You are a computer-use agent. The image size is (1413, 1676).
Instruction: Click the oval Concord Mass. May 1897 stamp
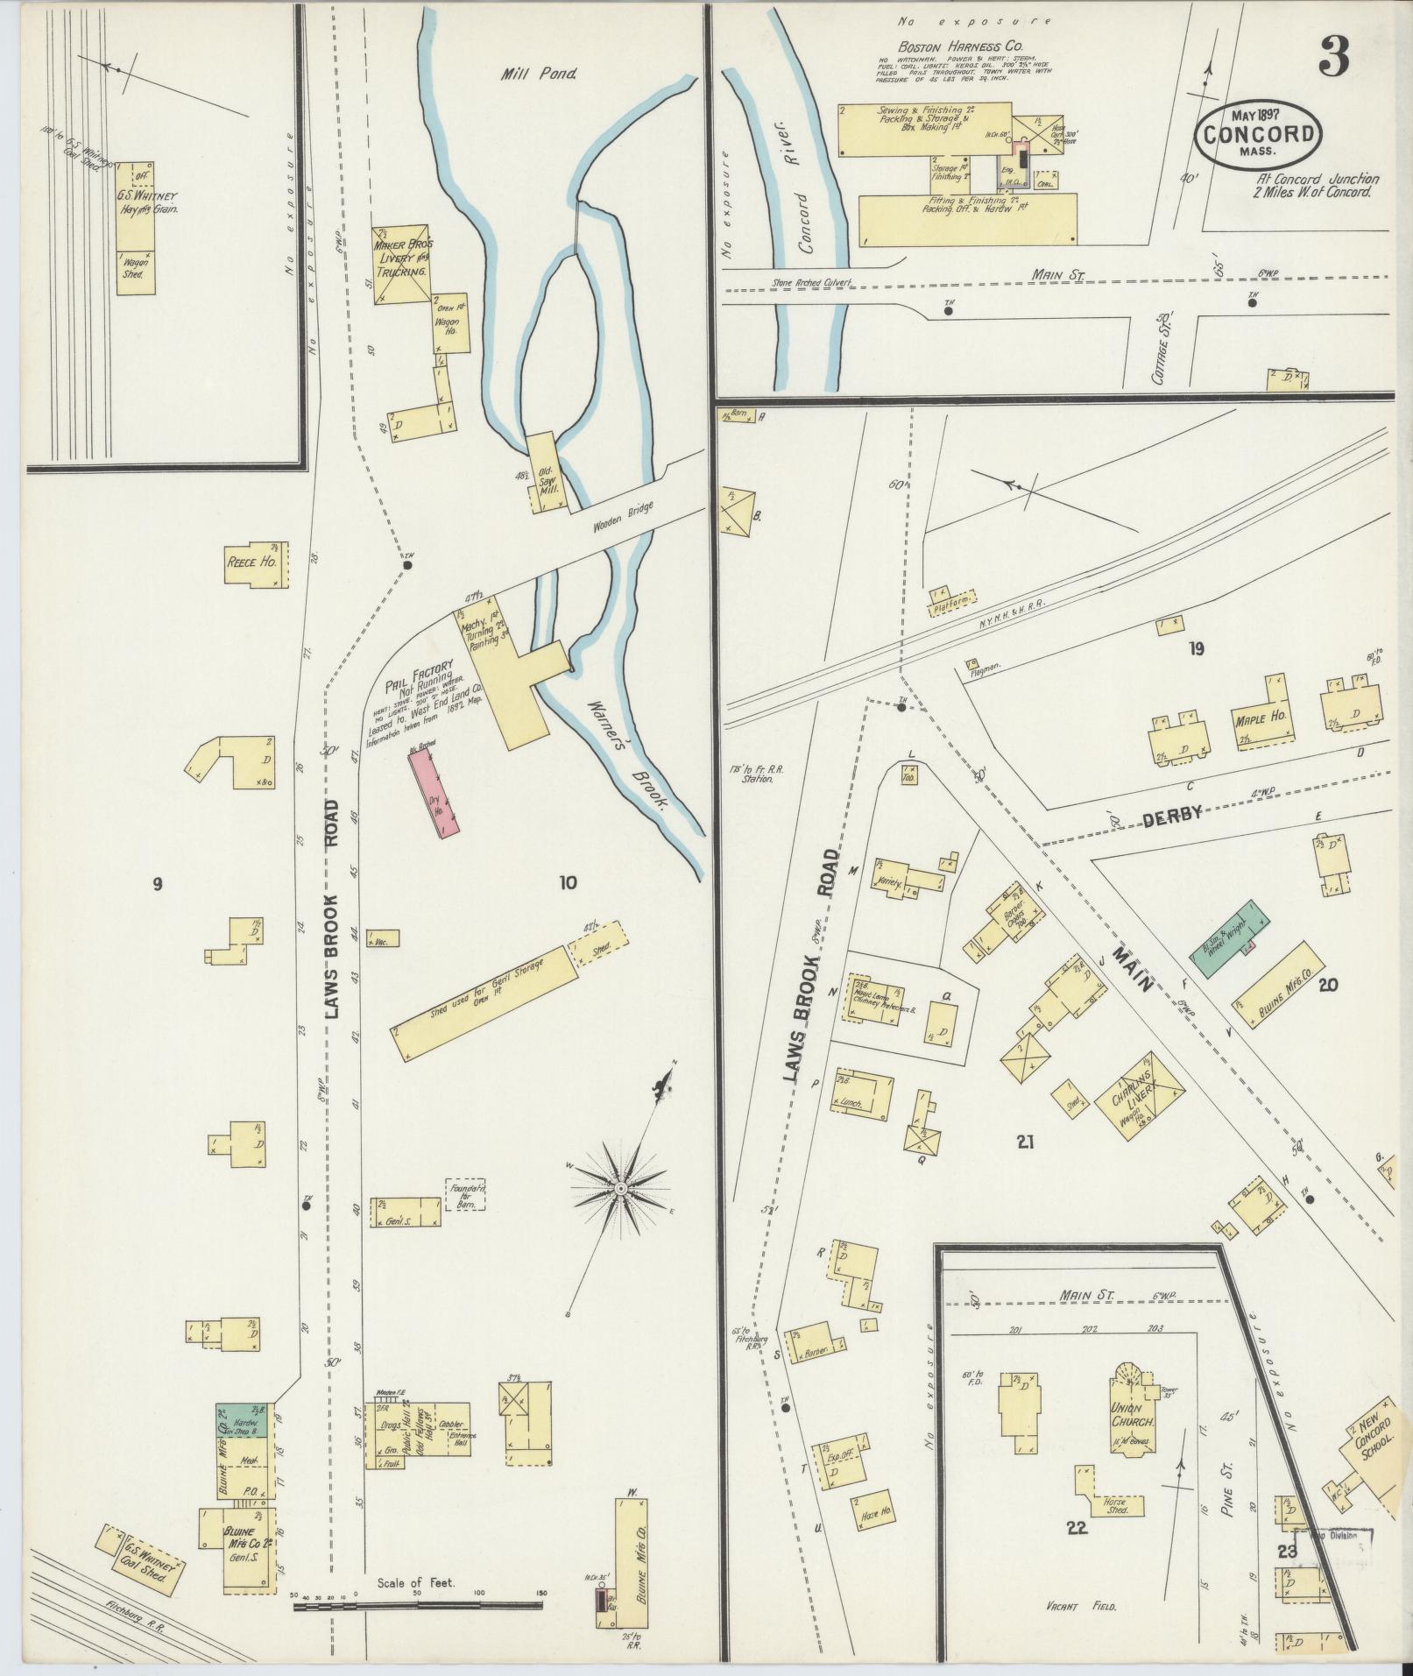point(1259,134)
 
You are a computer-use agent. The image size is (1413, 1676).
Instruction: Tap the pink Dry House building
point(434,793)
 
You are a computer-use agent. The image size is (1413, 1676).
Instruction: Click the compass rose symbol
point(619,1187)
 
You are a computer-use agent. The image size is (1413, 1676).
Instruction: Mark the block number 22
point(1077,1528)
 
